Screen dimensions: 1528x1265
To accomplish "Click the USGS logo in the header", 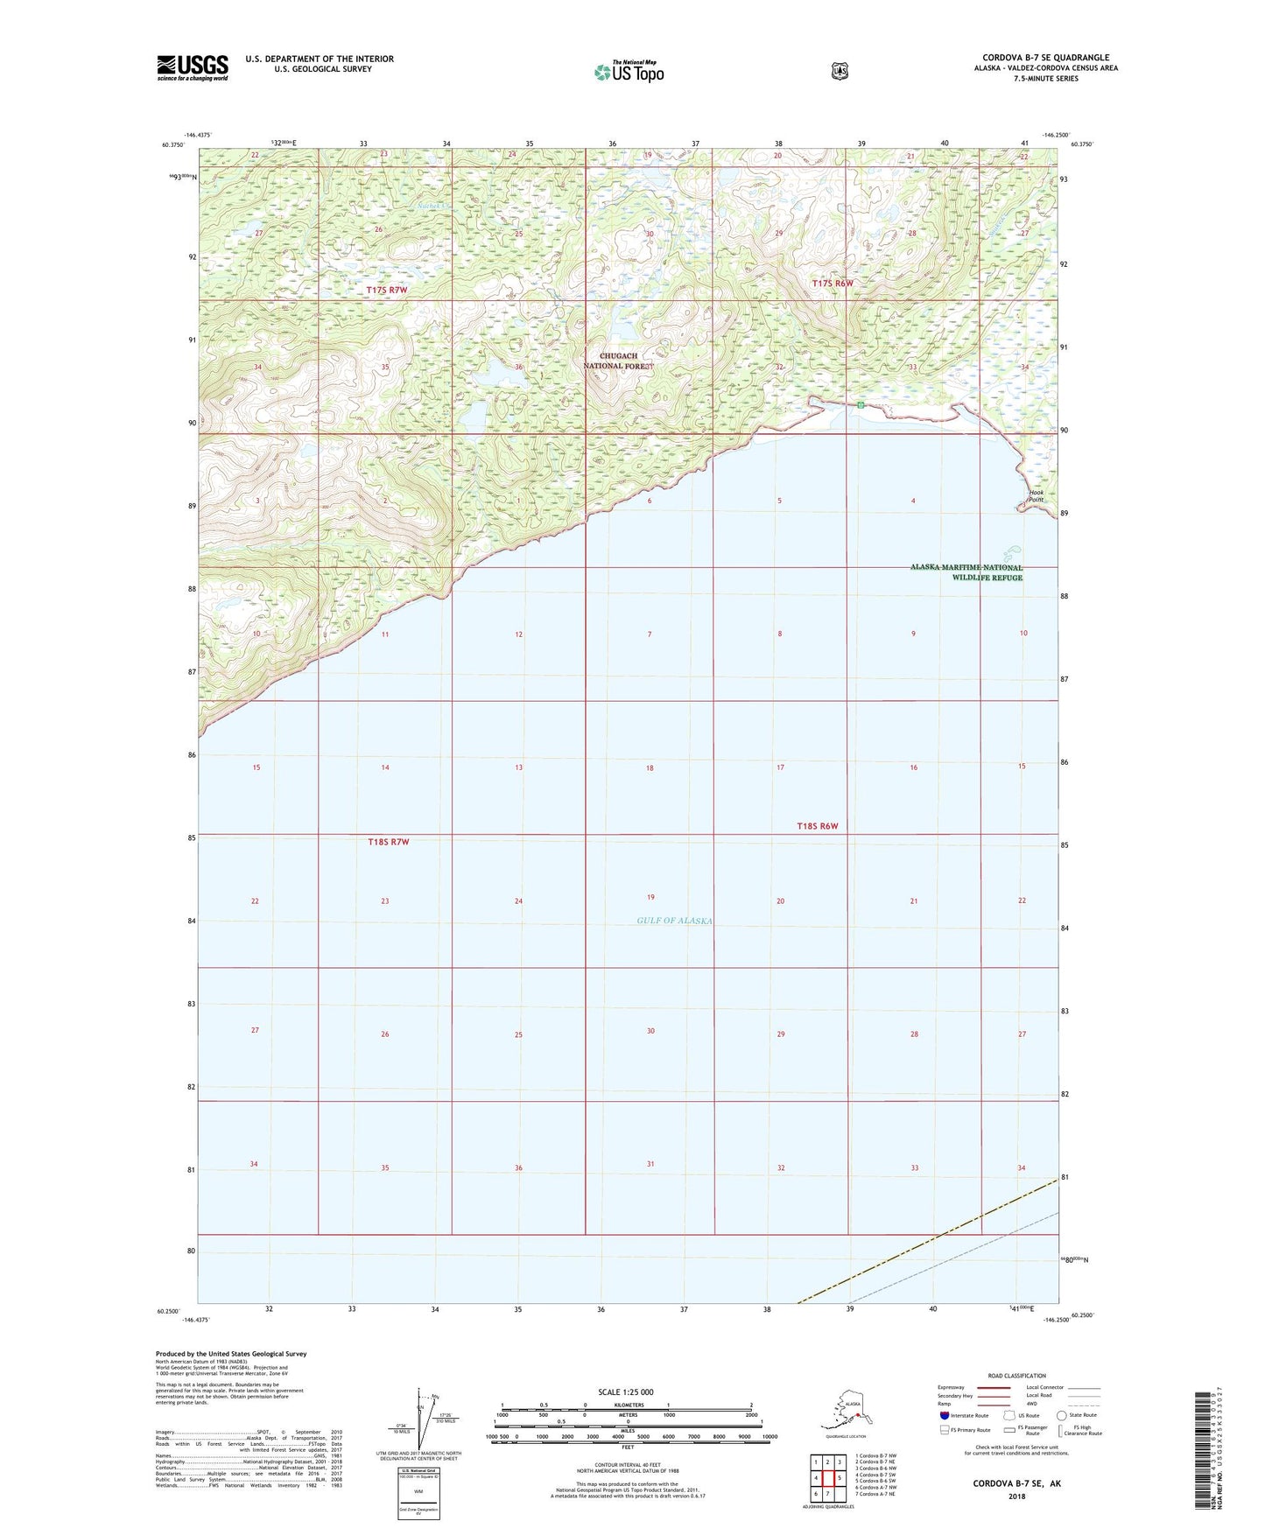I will coord(193,67).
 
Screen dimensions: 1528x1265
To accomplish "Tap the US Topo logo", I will coord(628,71).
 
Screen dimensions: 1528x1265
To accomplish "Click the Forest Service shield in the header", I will coord(840,71).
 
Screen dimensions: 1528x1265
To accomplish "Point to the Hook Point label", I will coord(1037,496).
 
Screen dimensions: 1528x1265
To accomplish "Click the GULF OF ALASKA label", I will coord(674,921).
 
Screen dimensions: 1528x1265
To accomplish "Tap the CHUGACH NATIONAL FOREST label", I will coord(618,361).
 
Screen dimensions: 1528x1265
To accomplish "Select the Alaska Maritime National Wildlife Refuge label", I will coord(966,572).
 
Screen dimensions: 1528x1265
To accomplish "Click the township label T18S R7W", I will coord(388,842).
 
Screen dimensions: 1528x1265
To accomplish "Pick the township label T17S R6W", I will coord(832,284).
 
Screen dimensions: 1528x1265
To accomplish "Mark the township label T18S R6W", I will coord(817,826).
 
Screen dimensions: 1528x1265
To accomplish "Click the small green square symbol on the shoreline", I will coord(861,405).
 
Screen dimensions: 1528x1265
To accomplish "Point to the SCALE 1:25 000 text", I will coord(625,1391).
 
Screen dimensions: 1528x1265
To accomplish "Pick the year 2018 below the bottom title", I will coord(1016,1496).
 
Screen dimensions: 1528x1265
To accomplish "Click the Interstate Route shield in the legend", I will coord(944,1415).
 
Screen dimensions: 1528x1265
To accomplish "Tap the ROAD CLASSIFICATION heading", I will coord(1016,1376).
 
